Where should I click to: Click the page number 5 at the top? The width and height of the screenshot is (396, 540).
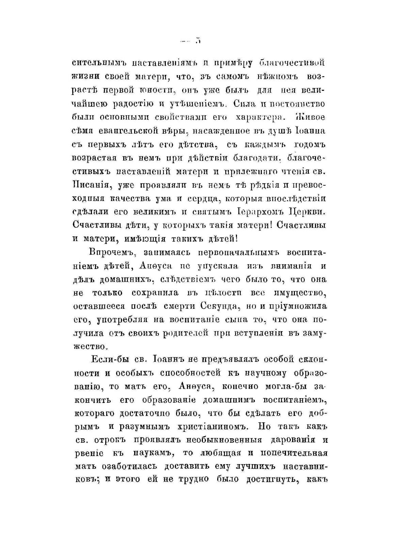click(198, 41)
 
